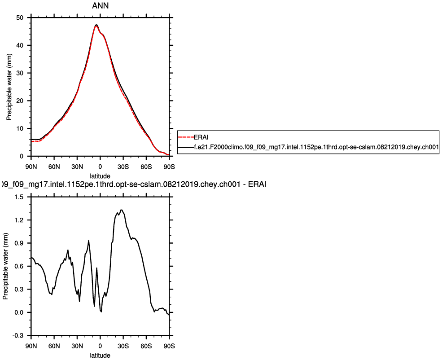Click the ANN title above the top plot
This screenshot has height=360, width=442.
coord(100,6)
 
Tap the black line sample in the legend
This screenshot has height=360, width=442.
coord(186,147)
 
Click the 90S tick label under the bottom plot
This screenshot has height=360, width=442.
coord(169,346)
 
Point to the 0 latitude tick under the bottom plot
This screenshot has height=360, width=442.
coord(100,346)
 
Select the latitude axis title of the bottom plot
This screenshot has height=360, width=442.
coord(100,355)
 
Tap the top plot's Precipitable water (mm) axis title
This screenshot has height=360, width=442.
coord(9,87)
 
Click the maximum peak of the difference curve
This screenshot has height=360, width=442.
coord(122,210)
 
